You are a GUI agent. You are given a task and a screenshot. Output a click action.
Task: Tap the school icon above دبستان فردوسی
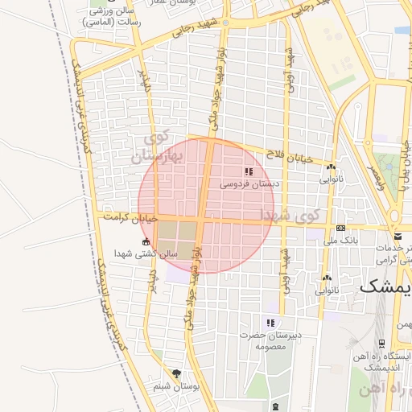[x=249, y=171]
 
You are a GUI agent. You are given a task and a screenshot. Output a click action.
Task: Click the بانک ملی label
[x=340, y=241]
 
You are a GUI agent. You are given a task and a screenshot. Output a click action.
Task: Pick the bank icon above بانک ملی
[x=340, y=229]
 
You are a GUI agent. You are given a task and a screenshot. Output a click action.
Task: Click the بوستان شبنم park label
[x=175, y=387]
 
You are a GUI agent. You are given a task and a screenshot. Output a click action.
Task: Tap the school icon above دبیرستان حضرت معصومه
[x=270, y=323]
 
